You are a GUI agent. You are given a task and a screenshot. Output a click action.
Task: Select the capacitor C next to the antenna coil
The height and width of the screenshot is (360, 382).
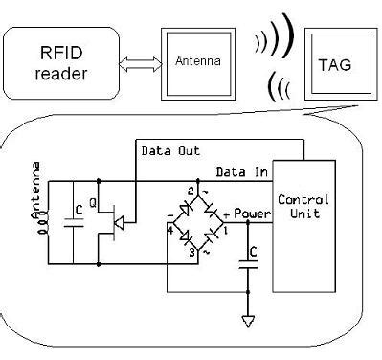pyautogui.click(x=71, y=224)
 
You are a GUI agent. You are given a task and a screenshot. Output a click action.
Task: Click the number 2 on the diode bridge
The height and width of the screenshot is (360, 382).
pyautogui.click(x=191, y=192)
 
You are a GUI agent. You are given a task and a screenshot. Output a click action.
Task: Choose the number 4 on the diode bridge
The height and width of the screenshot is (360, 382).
pyautogui.click(x=170, y=230)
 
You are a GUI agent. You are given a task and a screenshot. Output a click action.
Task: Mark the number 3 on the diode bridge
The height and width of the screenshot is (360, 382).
pyautogui.click(x=192, y=252)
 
